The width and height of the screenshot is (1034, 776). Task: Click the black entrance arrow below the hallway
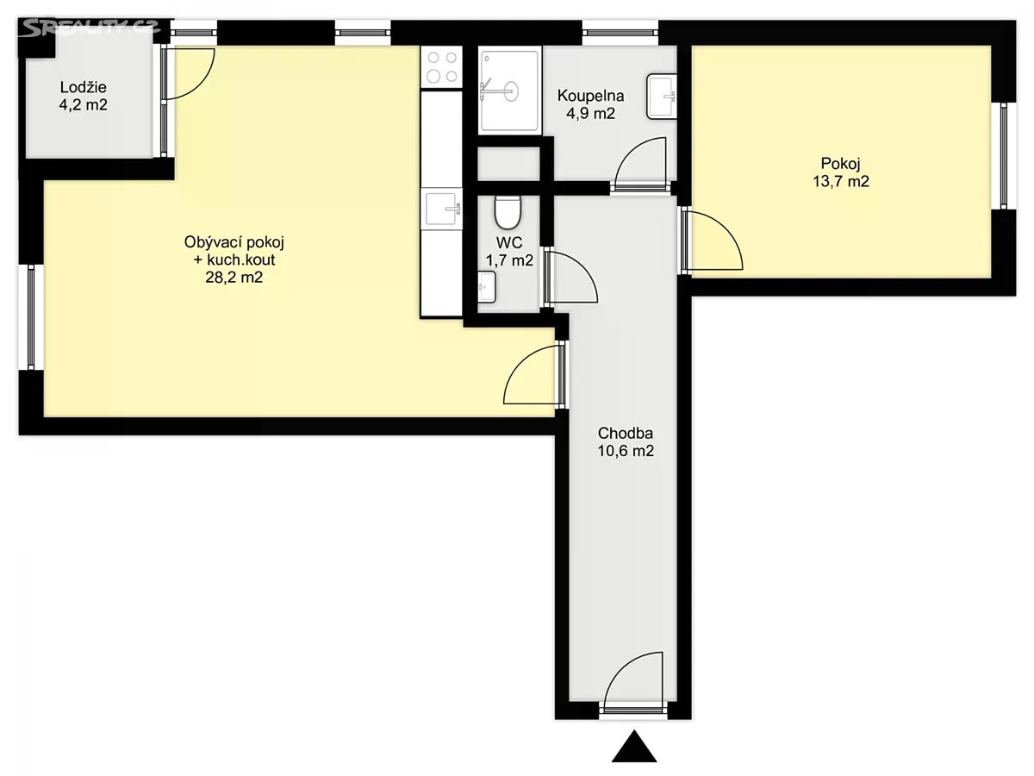(x=634, y=748)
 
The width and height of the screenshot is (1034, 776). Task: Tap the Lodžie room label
(x=84, y=87)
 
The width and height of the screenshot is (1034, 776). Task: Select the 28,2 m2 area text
(x=234, y=277)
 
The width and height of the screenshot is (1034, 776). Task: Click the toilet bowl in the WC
(x=508, y=212)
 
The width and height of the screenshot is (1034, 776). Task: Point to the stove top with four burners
(x=442, y=67)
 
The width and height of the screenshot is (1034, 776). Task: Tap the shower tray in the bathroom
(x=510, y=90)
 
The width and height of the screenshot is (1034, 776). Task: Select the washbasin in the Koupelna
(x=662, y=96)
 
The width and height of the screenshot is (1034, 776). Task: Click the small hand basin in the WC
(x=487, y=287)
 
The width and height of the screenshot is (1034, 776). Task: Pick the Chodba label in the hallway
(x=626, y=433)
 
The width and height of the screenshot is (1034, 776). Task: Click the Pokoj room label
(x=840, y=164)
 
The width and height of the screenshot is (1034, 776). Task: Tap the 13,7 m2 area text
(x=840, y=181)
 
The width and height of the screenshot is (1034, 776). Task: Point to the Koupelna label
(x=591, y=96)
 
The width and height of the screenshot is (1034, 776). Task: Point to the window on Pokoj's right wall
(x=1003, y=156)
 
